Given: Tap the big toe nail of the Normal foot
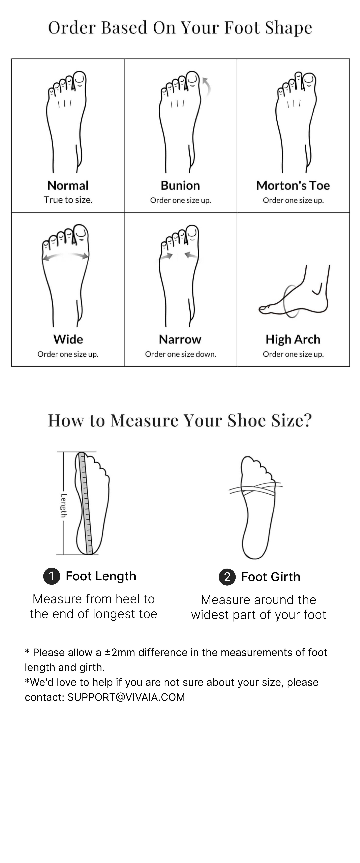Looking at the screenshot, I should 80,78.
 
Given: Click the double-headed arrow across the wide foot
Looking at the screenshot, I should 65,256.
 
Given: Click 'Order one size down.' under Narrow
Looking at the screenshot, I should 180,354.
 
